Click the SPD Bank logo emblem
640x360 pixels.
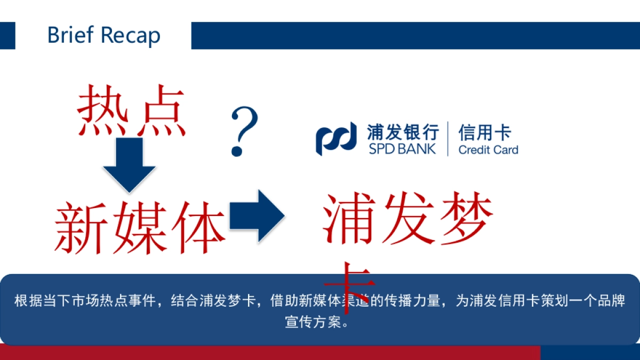tap(335, 139)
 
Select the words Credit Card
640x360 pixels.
tap(488, 150)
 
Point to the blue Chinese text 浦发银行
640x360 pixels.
tap(403, 131)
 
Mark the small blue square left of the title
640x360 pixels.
tap(7, 35)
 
